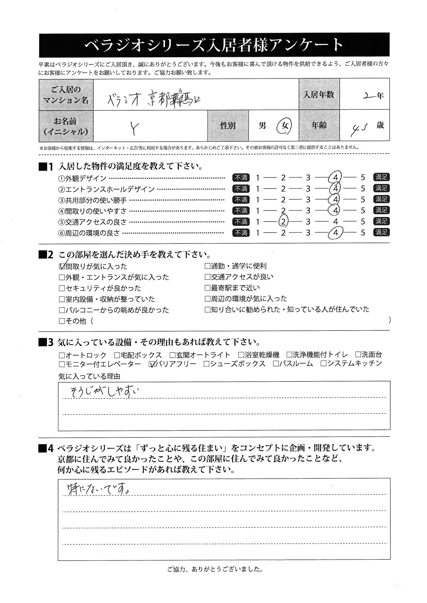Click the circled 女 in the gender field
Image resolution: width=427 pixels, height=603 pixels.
click(284, 125)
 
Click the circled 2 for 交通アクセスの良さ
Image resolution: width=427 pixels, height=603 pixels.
click(283, 222)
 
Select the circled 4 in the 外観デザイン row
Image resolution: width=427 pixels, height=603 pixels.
click(335, 177)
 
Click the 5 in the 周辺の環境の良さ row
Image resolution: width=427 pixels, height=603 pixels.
click(363, 233)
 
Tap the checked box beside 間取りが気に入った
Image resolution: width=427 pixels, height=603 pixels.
click(62, 266)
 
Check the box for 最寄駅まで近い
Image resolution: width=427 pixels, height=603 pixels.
click(207, 288)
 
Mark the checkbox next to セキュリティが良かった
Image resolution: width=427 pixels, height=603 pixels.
click(62, 288)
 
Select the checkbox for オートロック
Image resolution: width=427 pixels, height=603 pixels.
click(62, 355)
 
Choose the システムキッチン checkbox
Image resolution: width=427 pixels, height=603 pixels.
click(323, 364)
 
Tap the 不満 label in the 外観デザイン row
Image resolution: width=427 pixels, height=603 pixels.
click(241, 177)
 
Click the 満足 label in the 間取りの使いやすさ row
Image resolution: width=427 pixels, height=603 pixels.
click(381, 210)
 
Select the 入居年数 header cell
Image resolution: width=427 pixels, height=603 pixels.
click(319, 95)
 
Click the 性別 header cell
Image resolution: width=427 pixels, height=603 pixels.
click(228, 126)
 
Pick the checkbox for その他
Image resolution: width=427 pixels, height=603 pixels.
click(62, 321)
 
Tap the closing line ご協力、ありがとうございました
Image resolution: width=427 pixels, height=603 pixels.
click(215, 569)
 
